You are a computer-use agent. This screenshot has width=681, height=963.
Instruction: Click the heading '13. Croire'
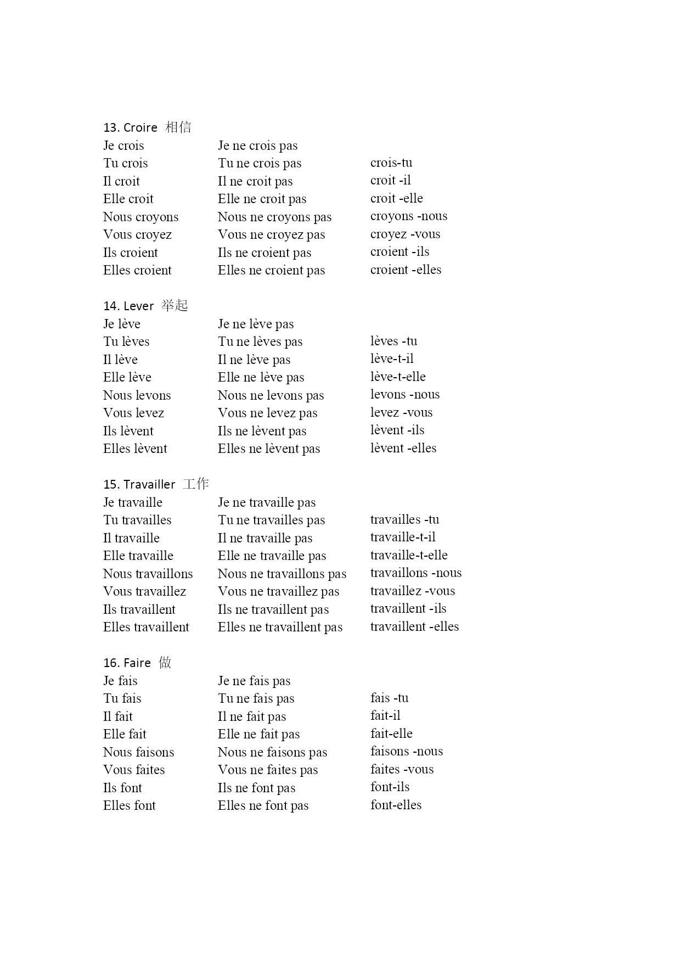click(131, 128)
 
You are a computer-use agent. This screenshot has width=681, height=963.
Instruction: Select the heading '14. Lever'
click(128, 306)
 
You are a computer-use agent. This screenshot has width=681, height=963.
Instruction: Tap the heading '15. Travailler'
click(139, 485)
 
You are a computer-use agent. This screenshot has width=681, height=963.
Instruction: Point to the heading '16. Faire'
click(127, 663)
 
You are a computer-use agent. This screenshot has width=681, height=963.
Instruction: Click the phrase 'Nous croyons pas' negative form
click(274, 217)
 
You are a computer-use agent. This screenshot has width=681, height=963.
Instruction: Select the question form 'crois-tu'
click(391, 163)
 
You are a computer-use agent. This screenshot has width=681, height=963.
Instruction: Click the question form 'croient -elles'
click(406, 270)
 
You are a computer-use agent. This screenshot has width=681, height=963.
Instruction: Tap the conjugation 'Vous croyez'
click(137, 235)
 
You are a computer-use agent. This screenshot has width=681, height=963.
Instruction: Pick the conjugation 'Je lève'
click(122, 324)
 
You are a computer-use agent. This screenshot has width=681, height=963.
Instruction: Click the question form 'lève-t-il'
click(392, 359)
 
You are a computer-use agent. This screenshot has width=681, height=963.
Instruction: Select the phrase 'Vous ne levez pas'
click(267, 413)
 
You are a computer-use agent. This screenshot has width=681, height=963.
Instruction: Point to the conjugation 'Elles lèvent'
click(135, 449)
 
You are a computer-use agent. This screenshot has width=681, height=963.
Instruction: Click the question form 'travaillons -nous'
click(415, 573)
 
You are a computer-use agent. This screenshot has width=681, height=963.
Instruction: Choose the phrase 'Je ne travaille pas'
click(267, 503)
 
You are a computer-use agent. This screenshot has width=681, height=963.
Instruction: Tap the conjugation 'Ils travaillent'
click(139, 610)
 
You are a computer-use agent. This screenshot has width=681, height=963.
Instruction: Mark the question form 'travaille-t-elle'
click(409, 556)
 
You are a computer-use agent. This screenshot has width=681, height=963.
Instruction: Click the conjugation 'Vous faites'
click(134, 770)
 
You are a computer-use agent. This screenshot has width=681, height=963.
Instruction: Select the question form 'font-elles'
click(396, 805)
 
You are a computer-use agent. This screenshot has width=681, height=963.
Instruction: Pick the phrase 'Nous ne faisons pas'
click(272, 753)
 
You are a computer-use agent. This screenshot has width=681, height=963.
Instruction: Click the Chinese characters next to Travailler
click(196, 484)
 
